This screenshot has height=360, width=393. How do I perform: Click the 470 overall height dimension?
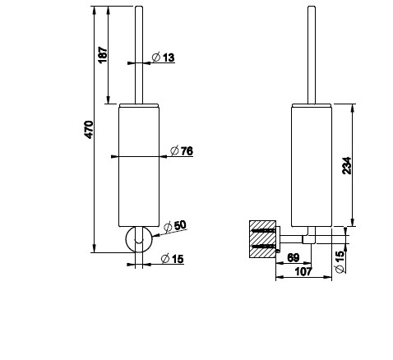[x=90, y=129]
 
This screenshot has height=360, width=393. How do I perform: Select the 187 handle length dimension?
[x=103, y=55]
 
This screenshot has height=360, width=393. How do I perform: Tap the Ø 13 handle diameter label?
[x=164, y=58]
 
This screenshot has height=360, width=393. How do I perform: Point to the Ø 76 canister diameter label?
[x=182, y=150]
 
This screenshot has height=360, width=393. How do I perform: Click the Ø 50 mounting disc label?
[x=175, y=226]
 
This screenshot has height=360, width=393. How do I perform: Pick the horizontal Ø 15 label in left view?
[x=173, y=259]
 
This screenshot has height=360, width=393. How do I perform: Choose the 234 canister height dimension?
[x=347, y=165]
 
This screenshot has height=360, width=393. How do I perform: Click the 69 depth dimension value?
[x=294, y=257]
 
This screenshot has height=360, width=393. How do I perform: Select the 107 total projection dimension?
[x=303, y=272]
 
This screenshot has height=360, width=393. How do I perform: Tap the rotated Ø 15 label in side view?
[x=340, y=262]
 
